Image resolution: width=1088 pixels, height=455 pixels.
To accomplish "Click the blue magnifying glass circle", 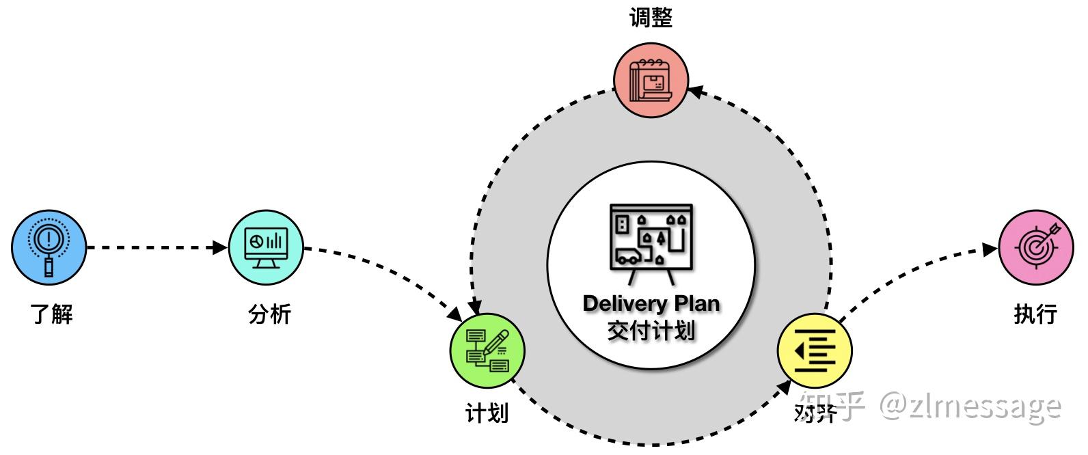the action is (x=49, y=247).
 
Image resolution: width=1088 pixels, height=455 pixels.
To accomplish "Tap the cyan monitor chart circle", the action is (x=266, y=247).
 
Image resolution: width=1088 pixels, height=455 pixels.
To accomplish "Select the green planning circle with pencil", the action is (x=488, y=350).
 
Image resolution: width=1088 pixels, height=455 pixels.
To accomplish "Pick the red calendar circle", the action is (x=651, y=80).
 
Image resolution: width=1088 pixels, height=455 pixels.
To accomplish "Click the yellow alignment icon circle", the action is (x=815, y=350).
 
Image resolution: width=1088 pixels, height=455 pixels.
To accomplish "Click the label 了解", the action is (x=51, y=314).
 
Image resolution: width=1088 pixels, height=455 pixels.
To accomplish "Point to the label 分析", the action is (x=269, y=314).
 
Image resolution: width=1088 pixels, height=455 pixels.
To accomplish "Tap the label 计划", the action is (x=487, y=414).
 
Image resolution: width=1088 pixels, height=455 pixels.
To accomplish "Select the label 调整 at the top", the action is (x=651, y=18).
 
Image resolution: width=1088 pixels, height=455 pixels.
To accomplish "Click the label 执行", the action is (x=1035, y=314).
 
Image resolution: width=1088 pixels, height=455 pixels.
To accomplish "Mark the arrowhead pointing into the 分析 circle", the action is (x=220, y=247).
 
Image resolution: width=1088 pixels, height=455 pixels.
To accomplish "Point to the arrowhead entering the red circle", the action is (x=696, y=92).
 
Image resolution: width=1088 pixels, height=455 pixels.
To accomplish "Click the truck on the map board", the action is (x=629, y=256).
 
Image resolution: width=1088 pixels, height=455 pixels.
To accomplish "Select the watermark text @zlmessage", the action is (x=970, y=407).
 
